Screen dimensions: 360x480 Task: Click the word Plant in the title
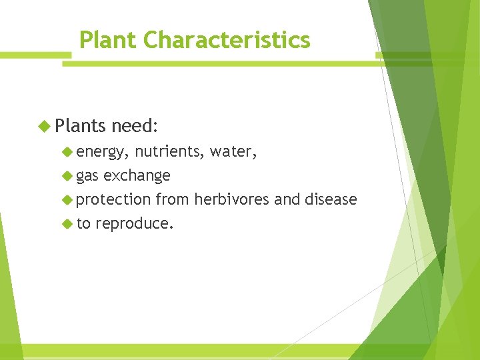click(x=108, y=40)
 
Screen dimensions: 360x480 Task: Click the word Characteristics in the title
click(x=227, y=40)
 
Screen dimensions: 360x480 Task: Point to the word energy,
click(x=101, y=153)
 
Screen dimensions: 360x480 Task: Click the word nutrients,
click(x=169, y=152)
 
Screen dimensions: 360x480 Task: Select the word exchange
click(x=137, y=176)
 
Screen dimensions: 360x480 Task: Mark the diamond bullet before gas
click(x=66, y=176)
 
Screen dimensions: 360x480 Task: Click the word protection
click(x=113, y=199)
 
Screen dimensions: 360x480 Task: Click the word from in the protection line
click(x=172, y=199)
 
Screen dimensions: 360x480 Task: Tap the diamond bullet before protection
click(x=66, y=199)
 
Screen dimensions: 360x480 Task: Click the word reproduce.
click(x=135, y=223)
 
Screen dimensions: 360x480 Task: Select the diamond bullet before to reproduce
click(x=66, y=223)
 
